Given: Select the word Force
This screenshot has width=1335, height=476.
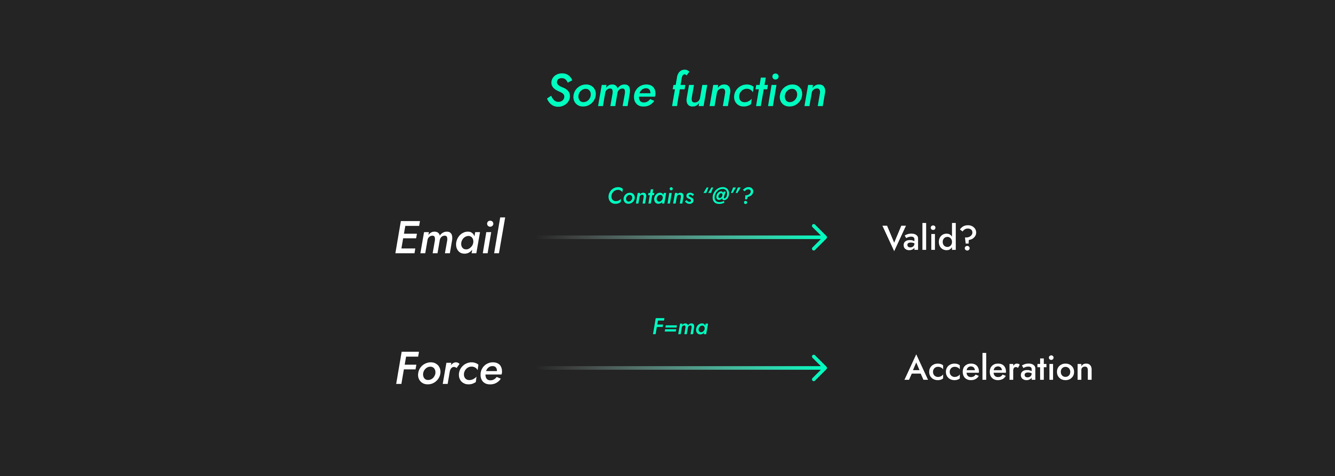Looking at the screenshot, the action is point(449,368).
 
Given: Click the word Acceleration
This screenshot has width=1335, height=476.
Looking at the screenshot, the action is point(999,369).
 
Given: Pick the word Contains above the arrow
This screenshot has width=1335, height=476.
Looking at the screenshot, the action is point(651,196).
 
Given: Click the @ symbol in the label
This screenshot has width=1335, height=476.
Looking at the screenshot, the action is point(721,195).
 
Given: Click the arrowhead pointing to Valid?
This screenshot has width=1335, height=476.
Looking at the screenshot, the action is point(820,237).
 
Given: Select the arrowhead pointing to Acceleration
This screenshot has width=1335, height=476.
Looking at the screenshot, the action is point(820,368).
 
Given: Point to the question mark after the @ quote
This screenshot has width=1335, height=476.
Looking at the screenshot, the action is point(747,196).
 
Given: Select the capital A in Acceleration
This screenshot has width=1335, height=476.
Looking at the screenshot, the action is point(918,368).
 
